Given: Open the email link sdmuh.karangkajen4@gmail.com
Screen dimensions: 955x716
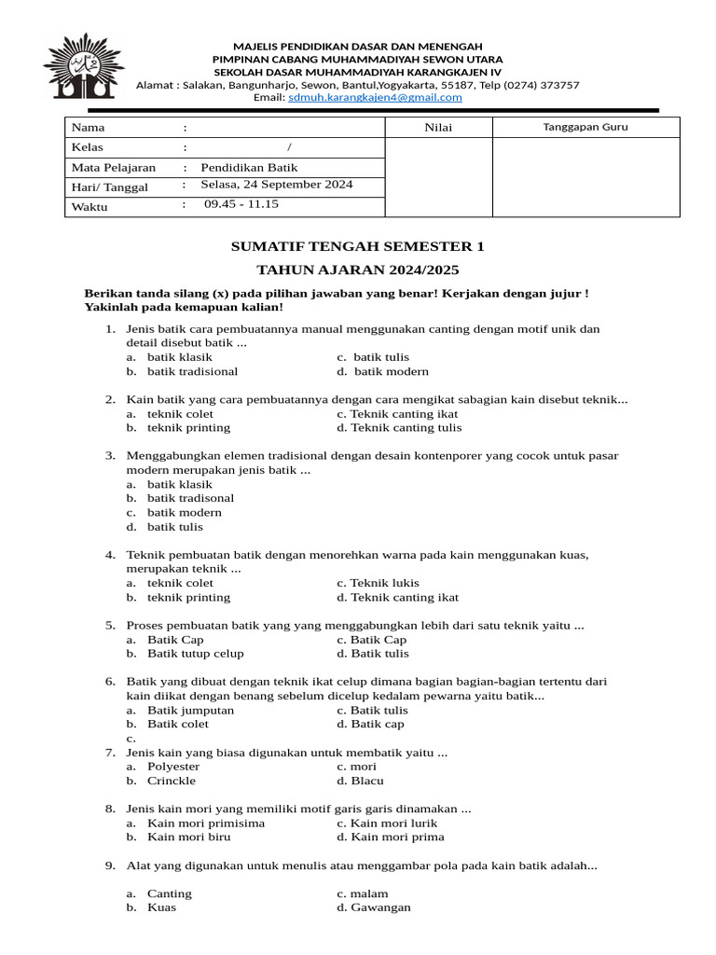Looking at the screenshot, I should click(x=375, y=97).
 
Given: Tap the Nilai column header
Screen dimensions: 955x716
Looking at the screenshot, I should click(x=437, y=128).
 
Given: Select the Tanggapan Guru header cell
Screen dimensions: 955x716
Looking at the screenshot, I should click(x=585, y=127).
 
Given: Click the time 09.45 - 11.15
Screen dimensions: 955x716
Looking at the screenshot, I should click(x=241, y=204).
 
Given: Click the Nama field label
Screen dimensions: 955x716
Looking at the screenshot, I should click(x=89, y=128).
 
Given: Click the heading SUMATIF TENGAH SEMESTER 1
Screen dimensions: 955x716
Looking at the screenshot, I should click(x=358, y=247).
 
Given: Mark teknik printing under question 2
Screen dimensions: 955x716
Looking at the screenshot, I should click(x=187, y=428).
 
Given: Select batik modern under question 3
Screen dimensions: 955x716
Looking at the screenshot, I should click(x=184, y=513).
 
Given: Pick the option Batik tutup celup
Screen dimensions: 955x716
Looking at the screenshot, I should click(x=195, y=654).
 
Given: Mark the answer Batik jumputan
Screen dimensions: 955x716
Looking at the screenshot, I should click(x=190, y=711).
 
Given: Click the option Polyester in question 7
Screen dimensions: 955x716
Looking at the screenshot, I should click(x=173, y=767).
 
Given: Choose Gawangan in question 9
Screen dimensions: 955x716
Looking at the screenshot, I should click(x=379, y=907).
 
